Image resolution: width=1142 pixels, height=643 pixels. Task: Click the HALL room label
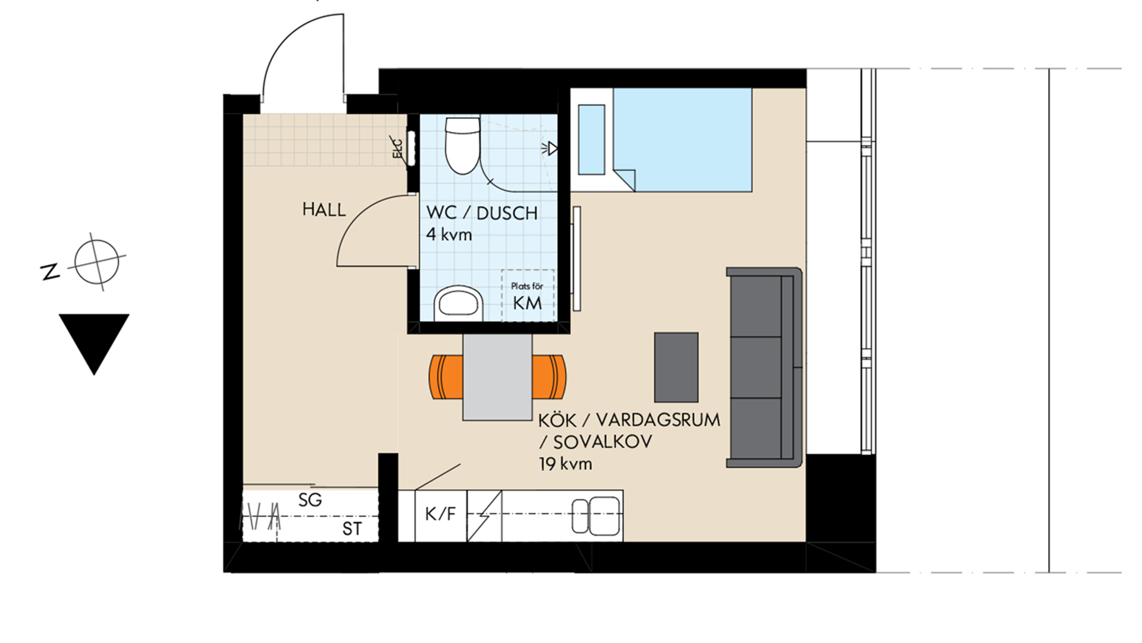coord(324,210)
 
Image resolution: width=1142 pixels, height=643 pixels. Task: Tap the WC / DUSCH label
coord(482,213)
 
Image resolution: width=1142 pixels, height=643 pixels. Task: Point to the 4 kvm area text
coord(449,234)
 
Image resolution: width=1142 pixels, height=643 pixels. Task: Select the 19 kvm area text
coord(566,464)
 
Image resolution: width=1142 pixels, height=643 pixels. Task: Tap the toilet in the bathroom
coord(463,145)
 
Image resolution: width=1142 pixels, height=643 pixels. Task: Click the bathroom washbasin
coord(459,303)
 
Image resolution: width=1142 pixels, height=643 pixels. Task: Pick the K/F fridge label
coord(441,514)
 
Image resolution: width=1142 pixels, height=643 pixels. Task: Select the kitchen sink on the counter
coord(597,516)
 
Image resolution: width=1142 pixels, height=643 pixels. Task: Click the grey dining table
coord(497,377)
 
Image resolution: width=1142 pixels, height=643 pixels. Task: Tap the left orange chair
coord(446,377)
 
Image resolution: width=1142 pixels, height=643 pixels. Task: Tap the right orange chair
coord(549,377)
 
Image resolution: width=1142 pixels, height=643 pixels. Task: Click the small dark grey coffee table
coord(676,367)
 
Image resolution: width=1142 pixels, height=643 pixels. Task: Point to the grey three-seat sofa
coord(764,367)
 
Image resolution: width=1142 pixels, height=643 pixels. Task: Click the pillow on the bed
coord(591,140)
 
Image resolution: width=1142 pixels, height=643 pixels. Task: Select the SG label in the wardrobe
coord(310,500)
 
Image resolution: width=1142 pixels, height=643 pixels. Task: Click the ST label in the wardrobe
coord(352,529)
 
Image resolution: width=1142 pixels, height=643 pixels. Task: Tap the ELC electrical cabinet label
coord(397,149)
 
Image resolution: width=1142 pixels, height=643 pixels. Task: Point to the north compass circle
coord(96,262)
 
